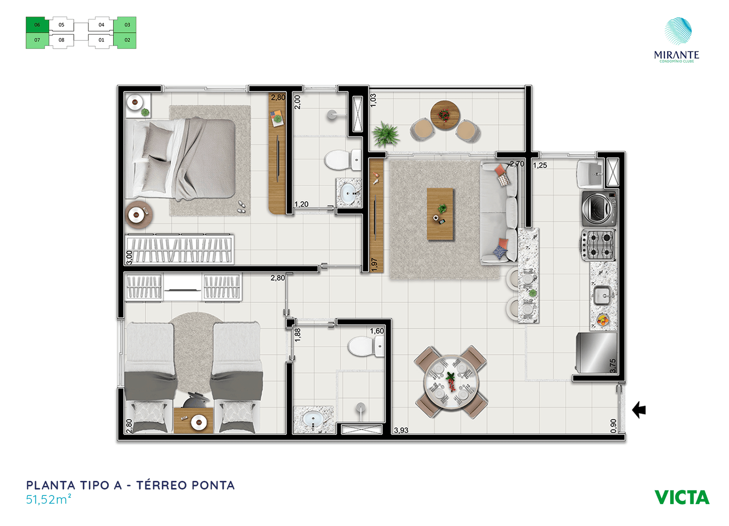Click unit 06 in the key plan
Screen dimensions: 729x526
[x=37, y=25]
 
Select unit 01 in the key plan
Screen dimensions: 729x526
[x=101, y=41]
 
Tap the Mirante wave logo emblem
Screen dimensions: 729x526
[x=678, y=31]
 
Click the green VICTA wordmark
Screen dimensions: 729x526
[x=682, y=497]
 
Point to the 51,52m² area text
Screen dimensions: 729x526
[x=49, y=500]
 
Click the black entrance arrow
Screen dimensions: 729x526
[x=639, y=410]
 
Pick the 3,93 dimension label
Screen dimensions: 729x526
[x=401, y=430]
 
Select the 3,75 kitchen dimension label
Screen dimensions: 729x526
[x=613, y=366]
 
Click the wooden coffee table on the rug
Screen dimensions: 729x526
[x=440, y=214]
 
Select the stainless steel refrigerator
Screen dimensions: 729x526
[x=596, y=352]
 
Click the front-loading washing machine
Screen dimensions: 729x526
[x=599, y=208]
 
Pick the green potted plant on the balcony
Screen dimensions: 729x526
[x=386, y=134]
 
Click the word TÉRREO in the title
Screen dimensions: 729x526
[x=161, y=485]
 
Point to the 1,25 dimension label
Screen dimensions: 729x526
[x=540, y=165]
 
